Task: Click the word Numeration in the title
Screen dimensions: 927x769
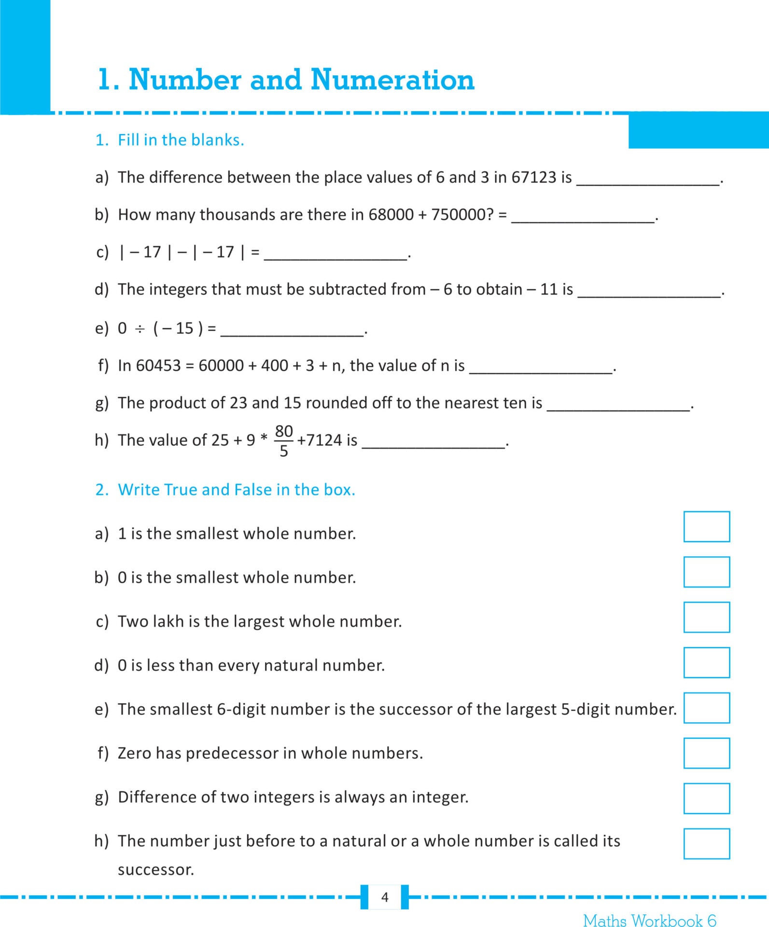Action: [x=392, y=80]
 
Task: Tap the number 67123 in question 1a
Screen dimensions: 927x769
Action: [x=533, y=177]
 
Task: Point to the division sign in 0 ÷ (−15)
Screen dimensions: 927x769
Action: [x=140, y=329]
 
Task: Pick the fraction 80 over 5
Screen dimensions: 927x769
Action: [x=284, y=440]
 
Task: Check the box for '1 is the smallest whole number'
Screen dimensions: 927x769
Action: [x=706, y=526]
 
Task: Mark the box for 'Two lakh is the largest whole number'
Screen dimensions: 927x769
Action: [x=706, y=617]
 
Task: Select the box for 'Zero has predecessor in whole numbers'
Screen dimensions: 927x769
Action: [x=706, y=753]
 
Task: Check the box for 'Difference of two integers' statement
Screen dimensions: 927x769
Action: [x=706, y=798]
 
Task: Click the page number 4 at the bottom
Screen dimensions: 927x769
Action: [x=385, y=897]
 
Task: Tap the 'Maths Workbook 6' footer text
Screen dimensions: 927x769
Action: [x=649, y=920]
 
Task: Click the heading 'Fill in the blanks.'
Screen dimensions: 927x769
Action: [x=181, y=140]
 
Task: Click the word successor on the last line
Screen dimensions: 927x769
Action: [x=155, y=870]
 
